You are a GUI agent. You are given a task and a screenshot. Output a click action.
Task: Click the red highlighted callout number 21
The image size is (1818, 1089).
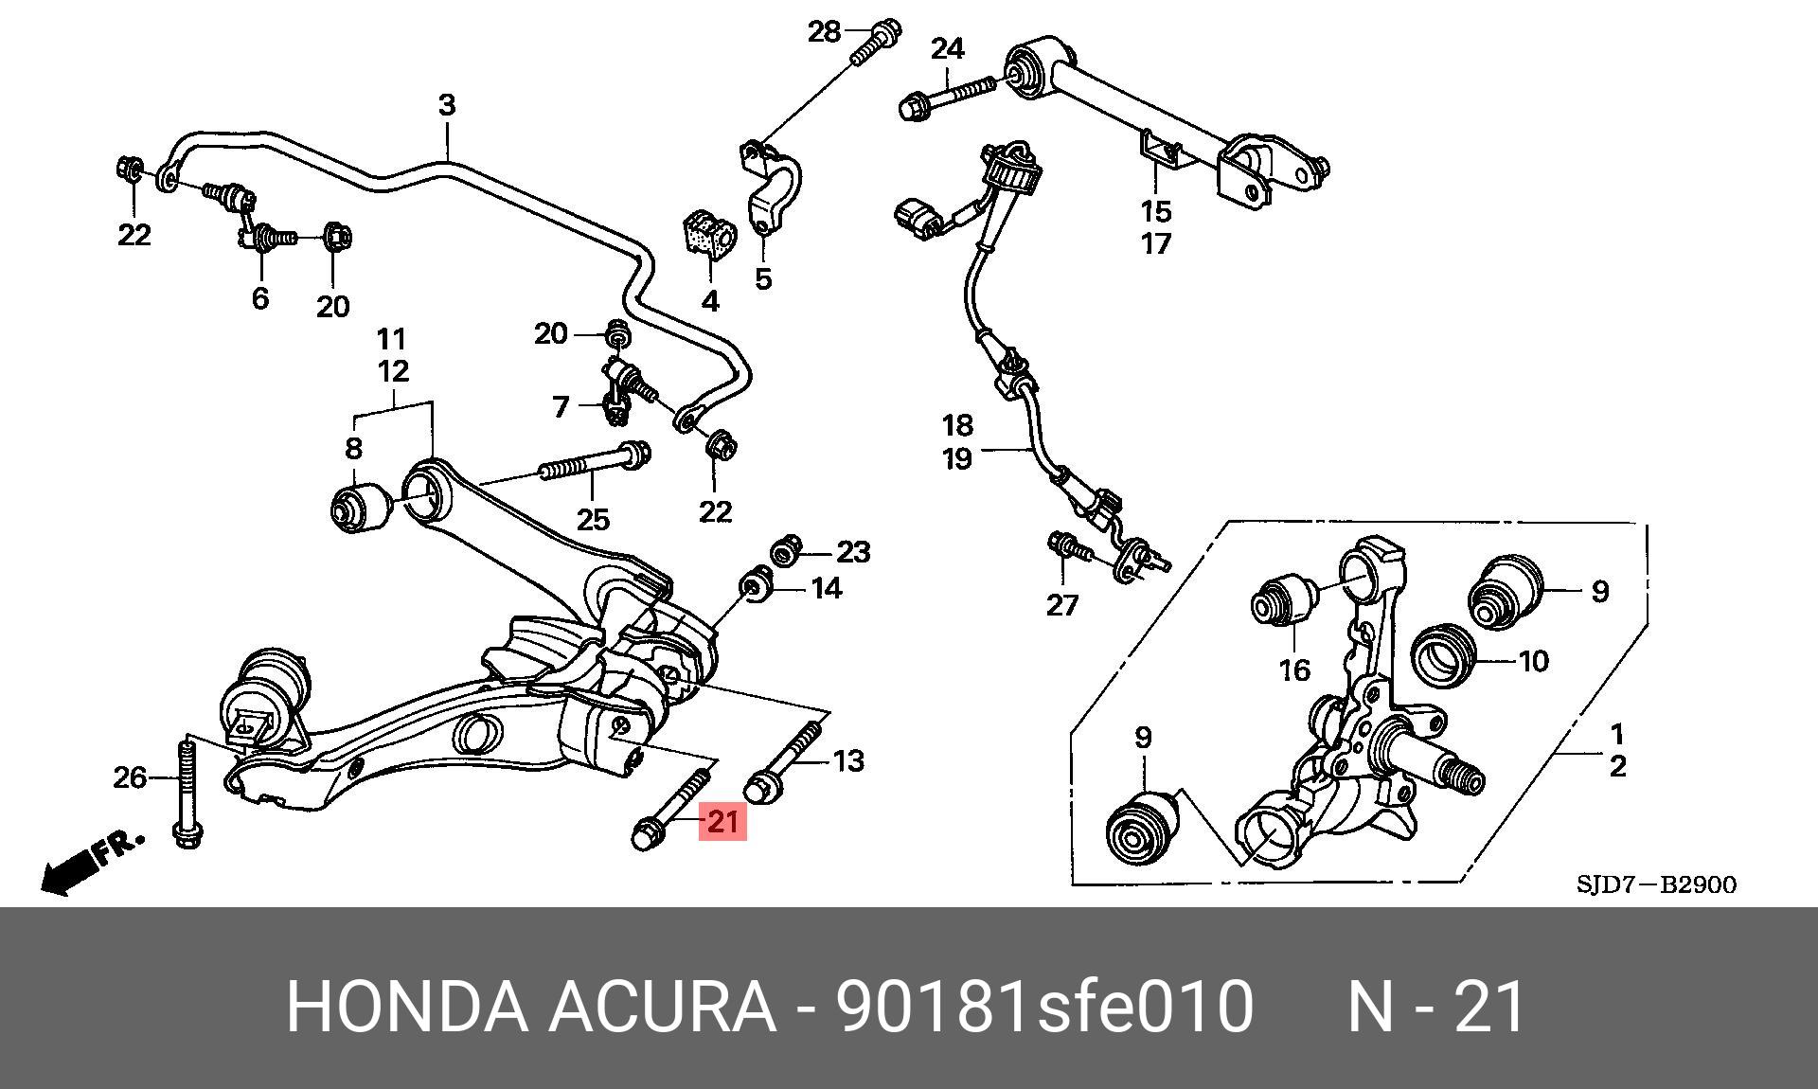[x=722, y=821]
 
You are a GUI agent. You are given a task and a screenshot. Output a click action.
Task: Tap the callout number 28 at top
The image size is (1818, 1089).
[x=824, y=32]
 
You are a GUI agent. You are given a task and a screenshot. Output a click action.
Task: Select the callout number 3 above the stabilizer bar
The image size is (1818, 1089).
[x=447, y=105]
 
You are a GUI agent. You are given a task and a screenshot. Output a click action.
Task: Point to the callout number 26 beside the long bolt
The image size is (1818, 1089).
[x=131, y=777]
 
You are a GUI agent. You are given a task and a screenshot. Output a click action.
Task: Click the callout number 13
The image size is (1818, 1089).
[x=848, y=760]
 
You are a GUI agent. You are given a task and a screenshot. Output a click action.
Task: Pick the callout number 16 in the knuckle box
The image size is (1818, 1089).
[x=1294, y=670]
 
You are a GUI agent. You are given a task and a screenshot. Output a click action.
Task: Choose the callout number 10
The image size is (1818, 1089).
[x=1533, y=660]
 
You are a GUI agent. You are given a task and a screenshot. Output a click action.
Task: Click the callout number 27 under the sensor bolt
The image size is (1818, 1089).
[x=1062, y=604]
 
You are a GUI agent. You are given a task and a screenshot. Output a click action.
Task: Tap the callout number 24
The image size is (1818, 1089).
[x=947, y=48]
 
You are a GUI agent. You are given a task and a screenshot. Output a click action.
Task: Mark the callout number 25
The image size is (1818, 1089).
[x=593, y=519]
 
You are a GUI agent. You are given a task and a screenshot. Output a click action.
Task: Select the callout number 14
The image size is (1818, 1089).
[x=827, y=588]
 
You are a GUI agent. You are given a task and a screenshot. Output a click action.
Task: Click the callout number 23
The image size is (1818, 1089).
[x=853, y=552]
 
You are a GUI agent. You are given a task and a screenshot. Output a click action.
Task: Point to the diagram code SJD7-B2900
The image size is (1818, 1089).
[x=1657, y=885]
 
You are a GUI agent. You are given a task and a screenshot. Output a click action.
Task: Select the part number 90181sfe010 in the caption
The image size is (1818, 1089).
[x=1043, y=1007]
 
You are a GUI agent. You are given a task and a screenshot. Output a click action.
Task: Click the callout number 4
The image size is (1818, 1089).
[x=710, y=301]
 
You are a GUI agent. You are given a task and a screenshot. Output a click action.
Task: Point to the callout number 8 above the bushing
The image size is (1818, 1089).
[x=353, y=448]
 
